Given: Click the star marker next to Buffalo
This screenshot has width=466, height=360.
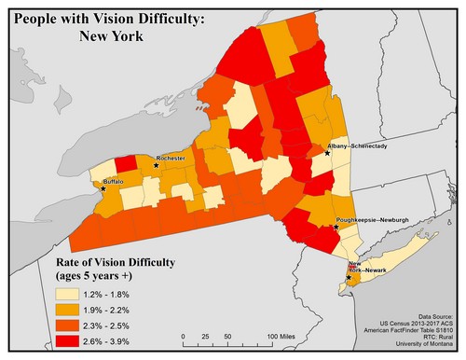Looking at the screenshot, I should coord(103,188).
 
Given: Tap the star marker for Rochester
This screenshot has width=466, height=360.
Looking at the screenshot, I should coord(156,165).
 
